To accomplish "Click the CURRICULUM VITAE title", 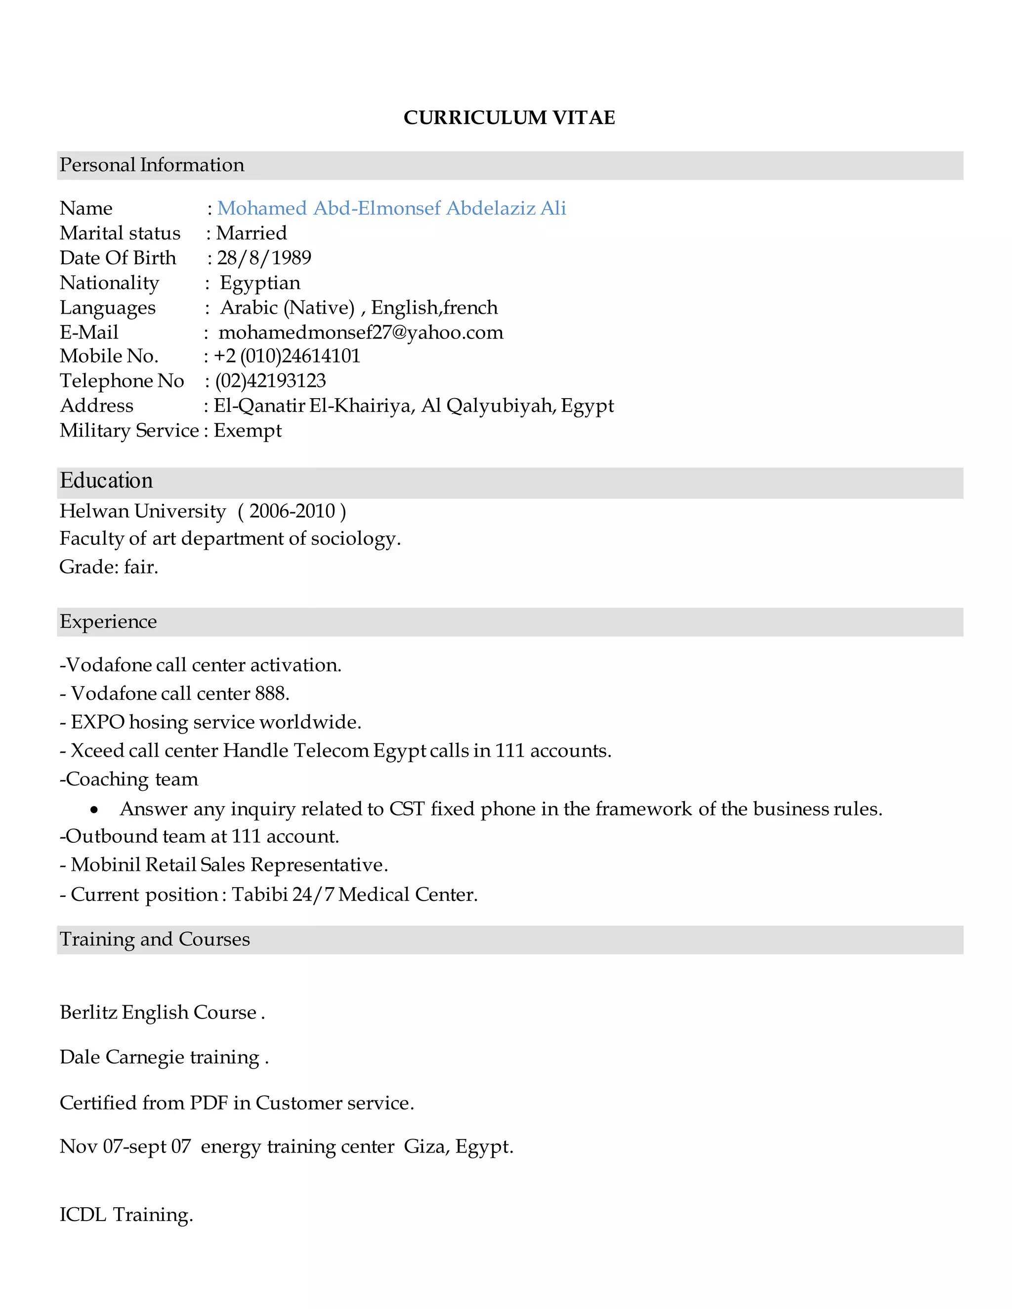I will pyautogui.click(x=509, y=118).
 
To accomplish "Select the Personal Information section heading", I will pyautogui.click(x=152, y=165).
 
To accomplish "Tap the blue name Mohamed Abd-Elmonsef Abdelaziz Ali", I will pyautogui.click(x=391, y=208).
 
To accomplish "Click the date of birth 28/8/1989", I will pyautogui.click(x=264, y=258).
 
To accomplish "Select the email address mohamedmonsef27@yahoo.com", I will pyautogui.click(x=360, y=332).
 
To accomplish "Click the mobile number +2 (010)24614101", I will pyautogui.click(x=287, y=356).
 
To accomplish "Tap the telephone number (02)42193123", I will pyautogui.click(x=270, y=380).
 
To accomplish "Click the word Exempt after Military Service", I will pyautogui.click(x=247, y=430).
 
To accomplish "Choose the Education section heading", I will pyautogui.click(x=106, y=481).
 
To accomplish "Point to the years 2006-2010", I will pyautogui.click(x=292, y=511).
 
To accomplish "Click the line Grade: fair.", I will pyautogui.click(x=109, y=567).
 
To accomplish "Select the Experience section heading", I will pyautogui.click(x=108, y=621).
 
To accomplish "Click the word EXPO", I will pyautogui.click(x=97, y=722).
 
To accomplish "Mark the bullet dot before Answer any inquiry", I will pyautogui.click(x=94, y=810).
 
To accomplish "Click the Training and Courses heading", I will pyautogui.click(x=155, y=939).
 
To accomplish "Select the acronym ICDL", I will pyautogui.click(x=83, y=1215).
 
